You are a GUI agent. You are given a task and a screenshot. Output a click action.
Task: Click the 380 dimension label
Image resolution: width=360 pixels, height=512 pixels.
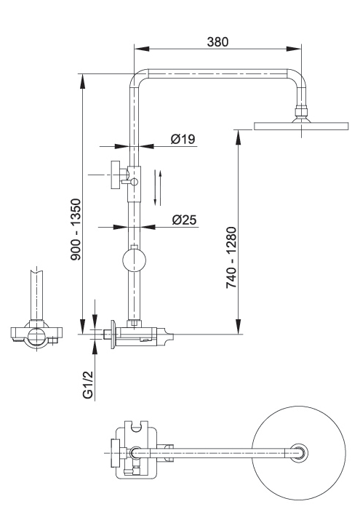pos(218,41)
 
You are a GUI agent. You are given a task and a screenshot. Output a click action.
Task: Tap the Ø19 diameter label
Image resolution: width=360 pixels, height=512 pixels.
pos(183,139)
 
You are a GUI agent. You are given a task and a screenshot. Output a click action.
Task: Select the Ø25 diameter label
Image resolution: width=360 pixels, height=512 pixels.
pos(185,220)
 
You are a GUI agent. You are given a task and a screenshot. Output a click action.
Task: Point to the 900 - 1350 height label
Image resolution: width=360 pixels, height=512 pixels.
pos(76,229)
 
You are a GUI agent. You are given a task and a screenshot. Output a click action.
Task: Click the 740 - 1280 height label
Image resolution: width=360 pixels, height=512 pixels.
pos(231,257)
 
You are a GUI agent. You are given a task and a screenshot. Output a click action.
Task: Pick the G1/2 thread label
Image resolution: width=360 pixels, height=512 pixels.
pos(88,385)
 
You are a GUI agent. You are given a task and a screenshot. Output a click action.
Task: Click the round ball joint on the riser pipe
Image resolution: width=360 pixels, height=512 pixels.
pos(134,260)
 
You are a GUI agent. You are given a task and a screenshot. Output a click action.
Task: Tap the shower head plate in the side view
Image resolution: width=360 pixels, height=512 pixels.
pos(301,126)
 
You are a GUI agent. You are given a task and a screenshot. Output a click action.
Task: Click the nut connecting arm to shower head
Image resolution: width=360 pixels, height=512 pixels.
pos(301,111)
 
